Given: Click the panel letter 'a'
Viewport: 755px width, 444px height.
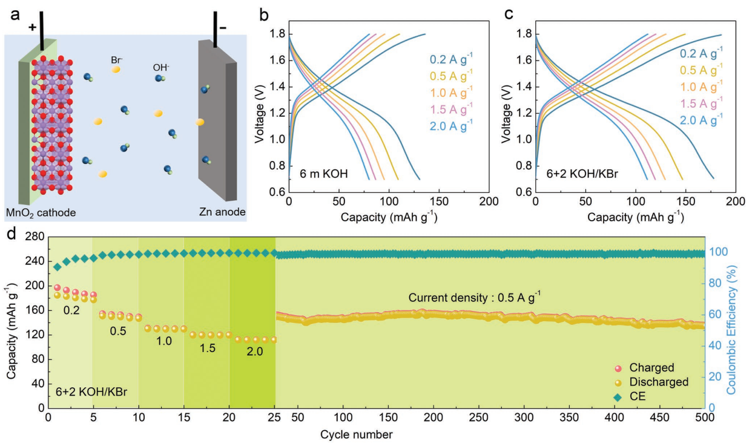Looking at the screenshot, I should (x=13, y=13).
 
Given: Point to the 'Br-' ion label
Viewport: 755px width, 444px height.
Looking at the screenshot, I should (x=118, y=61).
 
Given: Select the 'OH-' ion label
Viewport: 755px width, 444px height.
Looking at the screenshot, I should (x=161, y=65).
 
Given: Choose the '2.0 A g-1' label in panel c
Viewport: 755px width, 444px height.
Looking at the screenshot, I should (x=701, y=120).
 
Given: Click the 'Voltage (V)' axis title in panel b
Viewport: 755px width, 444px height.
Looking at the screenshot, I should (x=259, y=107).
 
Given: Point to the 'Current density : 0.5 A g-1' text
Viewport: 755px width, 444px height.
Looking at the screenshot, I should (x=474, y=297).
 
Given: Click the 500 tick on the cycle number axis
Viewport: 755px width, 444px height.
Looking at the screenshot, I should (x=705, y=419).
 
